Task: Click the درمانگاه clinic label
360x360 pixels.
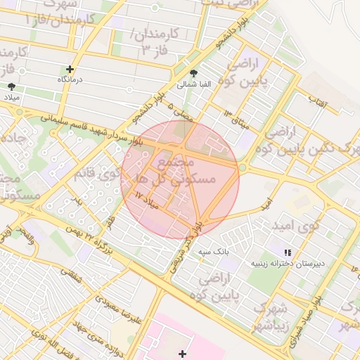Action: tap(70, 80)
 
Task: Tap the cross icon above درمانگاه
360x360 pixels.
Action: tap(70, 69)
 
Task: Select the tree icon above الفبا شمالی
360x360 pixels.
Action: tap(194, 73)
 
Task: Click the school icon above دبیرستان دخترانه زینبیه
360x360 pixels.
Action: tap(287, 252)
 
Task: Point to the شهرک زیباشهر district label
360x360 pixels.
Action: tap(271, 316)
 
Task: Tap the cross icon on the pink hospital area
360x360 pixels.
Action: tap(183, 353)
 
